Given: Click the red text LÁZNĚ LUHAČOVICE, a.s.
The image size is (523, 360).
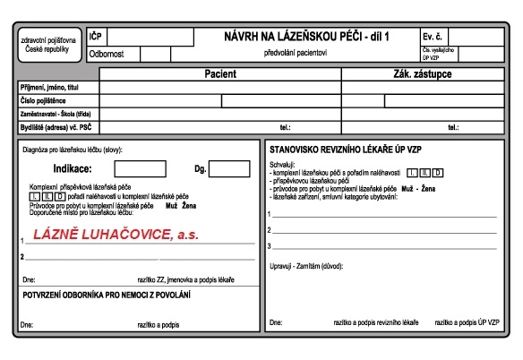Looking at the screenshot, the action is click(115, 236).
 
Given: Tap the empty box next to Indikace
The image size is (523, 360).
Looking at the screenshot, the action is click(140, 168).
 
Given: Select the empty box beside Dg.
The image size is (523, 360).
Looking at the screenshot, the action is click(229, 168).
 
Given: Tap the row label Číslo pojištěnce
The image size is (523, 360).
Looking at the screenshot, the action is click(44, 100).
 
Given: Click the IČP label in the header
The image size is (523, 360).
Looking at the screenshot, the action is click(96, 37).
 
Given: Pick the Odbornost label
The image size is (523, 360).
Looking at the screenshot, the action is click(107, 54).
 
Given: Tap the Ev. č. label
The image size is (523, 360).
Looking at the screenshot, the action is click(433, 36).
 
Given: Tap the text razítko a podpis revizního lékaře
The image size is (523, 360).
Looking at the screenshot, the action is click(368, 321).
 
